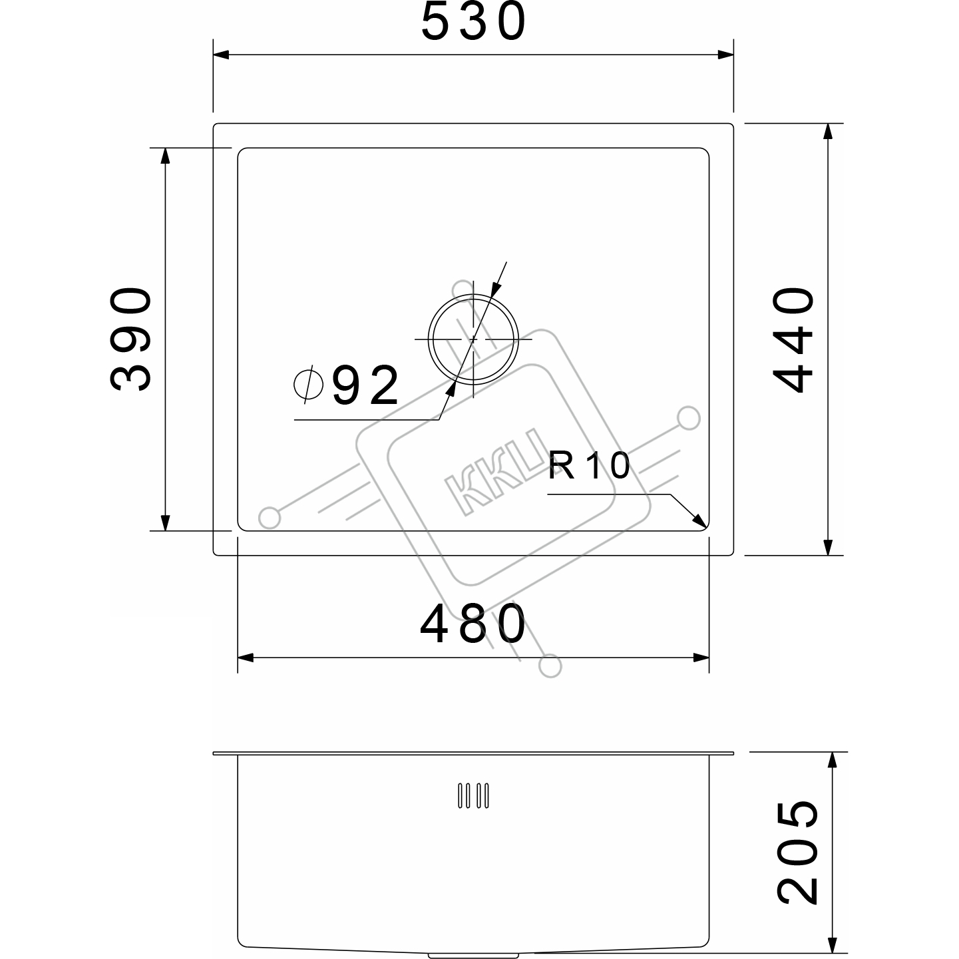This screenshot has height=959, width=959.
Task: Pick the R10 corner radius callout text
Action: [x=589, y=466]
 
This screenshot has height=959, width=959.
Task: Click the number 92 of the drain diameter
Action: [x=366, y=385]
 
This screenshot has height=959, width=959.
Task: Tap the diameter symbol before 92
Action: [x=309, y=384]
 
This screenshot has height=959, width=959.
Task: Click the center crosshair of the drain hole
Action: [x=473, y=339]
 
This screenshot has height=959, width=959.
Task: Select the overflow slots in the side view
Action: [x=473, y=795]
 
